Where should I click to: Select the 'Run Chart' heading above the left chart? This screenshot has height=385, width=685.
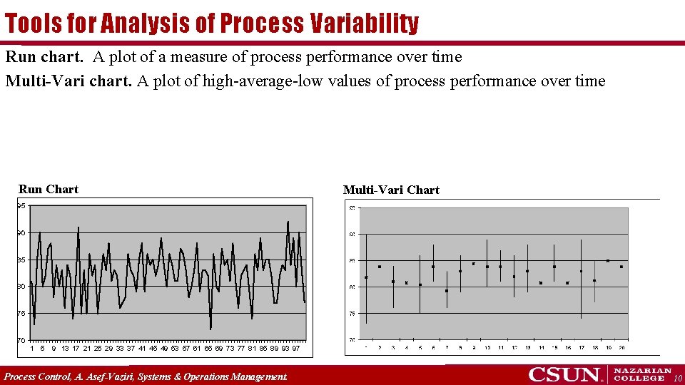click(x=49, y=189)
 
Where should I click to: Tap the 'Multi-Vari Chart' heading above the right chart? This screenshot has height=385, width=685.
click(x=391, y=190)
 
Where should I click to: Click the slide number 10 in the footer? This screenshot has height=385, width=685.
click(x=677, y=377)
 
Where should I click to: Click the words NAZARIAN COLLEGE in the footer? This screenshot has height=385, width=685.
click(x=642, y=374)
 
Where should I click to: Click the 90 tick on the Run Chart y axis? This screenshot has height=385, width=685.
click(x=22, y=233)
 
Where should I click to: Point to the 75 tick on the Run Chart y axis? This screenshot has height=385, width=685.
click(x=22, y=314)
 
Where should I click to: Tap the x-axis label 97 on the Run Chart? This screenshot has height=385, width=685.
click(x=295, y=349)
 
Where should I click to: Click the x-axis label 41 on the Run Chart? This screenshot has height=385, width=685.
click(x=141, y=349)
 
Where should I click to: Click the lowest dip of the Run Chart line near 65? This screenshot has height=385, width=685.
click(x=210, y=329)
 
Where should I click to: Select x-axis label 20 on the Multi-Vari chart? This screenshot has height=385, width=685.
click(x=621, y=348)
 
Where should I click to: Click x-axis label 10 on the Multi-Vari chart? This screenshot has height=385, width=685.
click(x=487, y=348)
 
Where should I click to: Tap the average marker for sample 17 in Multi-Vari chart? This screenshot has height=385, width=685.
click(x=582, y=271)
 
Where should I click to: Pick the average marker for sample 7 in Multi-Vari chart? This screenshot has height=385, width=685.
click(x=447, y=291)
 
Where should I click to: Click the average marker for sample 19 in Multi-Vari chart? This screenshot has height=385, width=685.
click(x=608, y=261)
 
